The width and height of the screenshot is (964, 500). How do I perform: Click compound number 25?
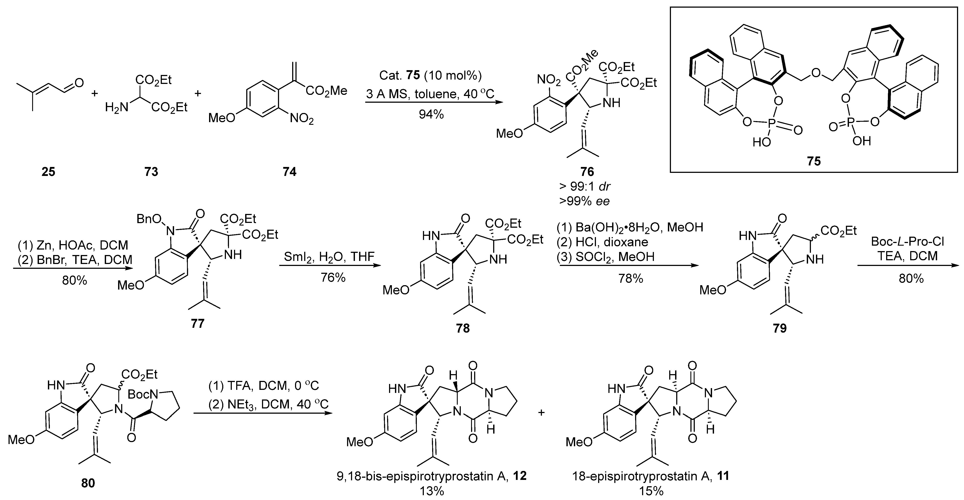[48, 172]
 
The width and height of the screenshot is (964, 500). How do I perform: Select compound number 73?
[151, 172]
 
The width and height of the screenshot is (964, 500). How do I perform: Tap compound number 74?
[289, 172]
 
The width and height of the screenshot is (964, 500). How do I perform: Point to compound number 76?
[587, 172]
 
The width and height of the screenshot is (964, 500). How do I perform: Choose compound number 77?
[198, 323]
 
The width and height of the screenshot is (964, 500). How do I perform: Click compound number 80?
[88, 483]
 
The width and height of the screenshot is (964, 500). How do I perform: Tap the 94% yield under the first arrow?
[431, 115]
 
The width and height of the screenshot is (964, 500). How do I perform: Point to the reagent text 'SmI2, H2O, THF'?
[329, 257]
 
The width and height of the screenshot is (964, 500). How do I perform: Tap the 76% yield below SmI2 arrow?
[333, 278]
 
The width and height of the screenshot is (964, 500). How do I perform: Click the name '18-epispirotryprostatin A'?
[642, 476]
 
